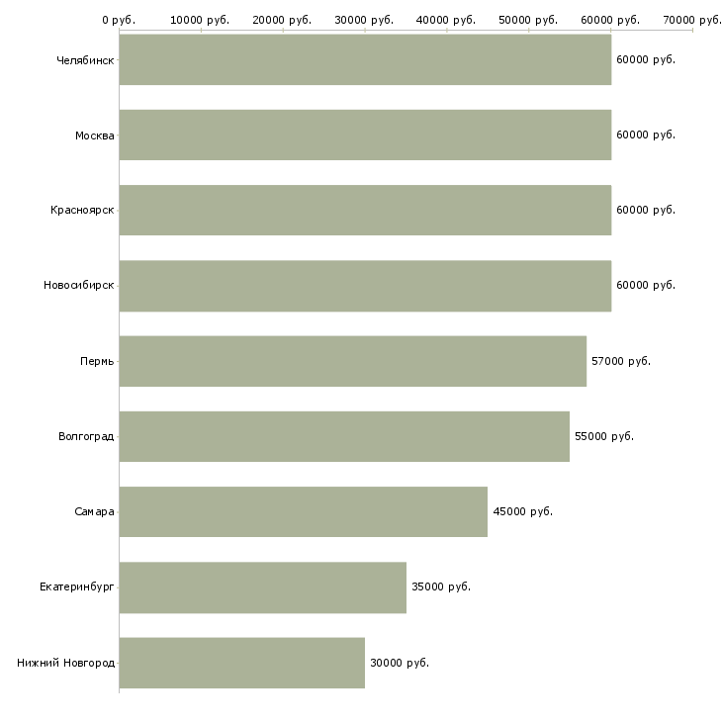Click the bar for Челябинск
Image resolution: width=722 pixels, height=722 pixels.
tap(365, 59)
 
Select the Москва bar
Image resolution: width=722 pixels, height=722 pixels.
tap(365, 135)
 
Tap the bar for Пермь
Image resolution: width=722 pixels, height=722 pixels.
tap(352, 361)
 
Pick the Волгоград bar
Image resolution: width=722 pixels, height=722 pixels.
tap(344, 436)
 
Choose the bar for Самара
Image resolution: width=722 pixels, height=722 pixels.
tap(303, 511)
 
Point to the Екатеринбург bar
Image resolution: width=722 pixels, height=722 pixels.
tap(262, 587)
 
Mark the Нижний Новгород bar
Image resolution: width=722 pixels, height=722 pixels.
tap(241, 663)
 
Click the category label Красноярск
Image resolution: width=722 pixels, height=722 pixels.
tap(82, 211)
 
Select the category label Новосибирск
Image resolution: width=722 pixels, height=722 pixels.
tap(78, 286)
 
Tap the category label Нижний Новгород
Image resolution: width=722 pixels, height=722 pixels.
tap(65, 663)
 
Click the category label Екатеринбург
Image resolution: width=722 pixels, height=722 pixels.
tap(76, 587)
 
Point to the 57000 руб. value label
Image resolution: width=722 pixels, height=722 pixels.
tap(621, 361)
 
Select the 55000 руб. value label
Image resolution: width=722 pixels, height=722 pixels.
tap(604, 436)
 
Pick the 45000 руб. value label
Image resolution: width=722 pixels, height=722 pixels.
tap(522, 511)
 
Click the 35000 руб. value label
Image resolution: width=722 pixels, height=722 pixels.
tap(441, 587)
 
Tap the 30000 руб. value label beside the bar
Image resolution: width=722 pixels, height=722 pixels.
tap(400, 663)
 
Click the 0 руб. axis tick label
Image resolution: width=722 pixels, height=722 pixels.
tap(119, 20)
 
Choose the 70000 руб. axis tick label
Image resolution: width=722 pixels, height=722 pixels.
tap(692, 20)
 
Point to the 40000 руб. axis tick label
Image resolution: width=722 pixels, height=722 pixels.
tap(447, 20)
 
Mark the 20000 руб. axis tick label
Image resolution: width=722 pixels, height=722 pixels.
tap(283, 20)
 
